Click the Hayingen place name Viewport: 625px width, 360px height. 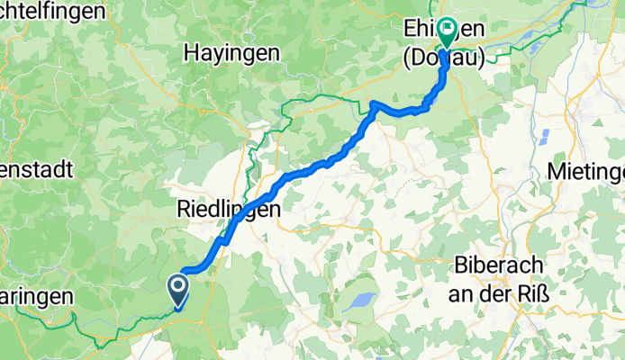[231, 53]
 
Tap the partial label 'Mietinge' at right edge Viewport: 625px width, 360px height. [586, 171]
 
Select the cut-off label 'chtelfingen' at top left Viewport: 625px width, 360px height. [54, 11]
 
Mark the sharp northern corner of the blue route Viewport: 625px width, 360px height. [374, 105]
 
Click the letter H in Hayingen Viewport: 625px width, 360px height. [190, 53]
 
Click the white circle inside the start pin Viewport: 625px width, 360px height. [177, 287]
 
